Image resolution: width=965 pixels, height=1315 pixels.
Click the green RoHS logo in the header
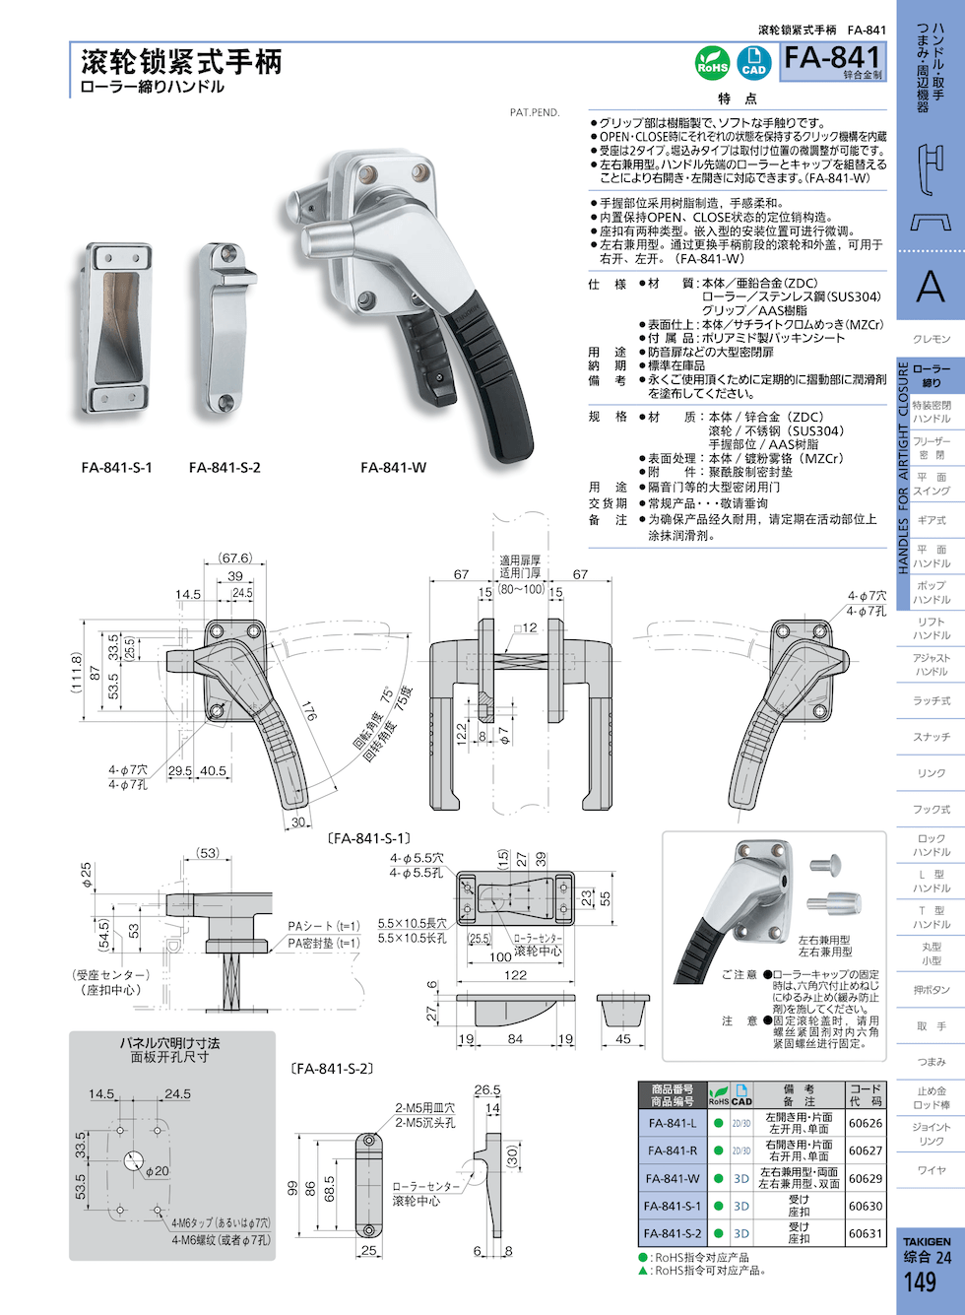coord(712,63)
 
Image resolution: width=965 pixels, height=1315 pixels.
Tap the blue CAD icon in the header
coord(753,63)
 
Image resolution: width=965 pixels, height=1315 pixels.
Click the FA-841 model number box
coord(833,61)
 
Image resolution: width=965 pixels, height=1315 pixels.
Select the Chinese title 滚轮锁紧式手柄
coord(181,62)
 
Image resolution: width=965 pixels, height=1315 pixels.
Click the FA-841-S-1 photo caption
coord(116,468)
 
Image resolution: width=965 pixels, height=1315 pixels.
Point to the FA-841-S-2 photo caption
coord(225,468)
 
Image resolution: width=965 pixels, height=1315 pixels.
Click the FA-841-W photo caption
coord(393,468)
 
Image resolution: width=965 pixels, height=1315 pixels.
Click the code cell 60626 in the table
coord(866,1123)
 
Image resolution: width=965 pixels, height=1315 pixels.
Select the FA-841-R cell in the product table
coord(672,1151)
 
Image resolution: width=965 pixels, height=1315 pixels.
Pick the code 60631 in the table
coord(866,1233)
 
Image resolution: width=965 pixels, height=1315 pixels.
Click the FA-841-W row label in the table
coord(672,1178)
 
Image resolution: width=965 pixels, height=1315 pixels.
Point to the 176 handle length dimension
coord(308,710)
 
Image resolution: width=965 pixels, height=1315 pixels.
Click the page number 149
coord(920,1282)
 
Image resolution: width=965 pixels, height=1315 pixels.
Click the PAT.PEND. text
coord(535,112)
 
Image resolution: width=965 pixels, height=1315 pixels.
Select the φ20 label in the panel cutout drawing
coord(157,1171)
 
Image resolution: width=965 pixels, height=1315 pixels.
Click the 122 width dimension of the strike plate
coord(515,975)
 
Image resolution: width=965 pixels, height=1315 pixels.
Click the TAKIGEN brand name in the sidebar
coord(927,1242)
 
